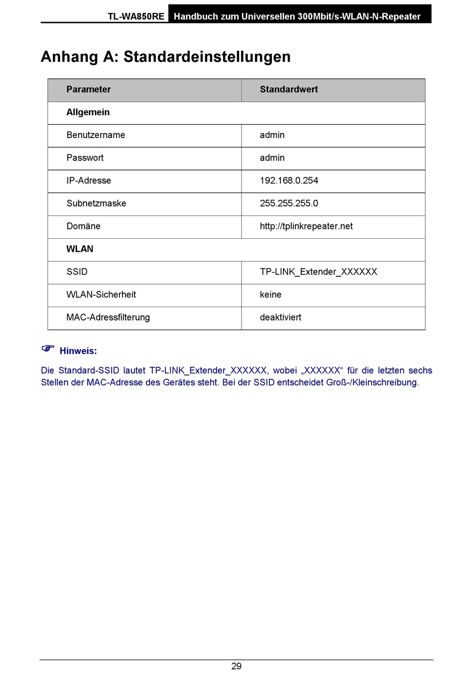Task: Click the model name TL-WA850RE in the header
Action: coord(136,16)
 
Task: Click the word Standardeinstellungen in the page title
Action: coord(207,57)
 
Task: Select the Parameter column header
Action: coord(89,90)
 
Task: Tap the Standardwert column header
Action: coord(289,90)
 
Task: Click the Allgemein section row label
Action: coord(88,113)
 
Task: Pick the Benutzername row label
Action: coord(96,135)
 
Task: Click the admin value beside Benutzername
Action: coord(272,135)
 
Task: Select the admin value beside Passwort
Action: coord(272,158)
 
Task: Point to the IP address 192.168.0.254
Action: coord(289,180)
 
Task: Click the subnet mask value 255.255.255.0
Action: coord(289,203)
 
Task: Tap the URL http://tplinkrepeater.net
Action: coord(306,226)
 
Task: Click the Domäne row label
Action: coord(84,226)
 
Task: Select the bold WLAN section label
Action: coord(80,249)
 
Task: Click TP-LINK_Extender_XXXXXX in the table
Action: coord(319,272)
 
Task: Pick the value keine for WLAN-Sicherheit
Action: coord(271,295)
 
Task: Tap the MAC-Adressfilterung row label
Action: coord(108,318)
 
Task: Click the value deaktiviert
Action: coord(280,318)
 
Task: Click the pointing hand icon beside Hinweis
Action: coord(48,348)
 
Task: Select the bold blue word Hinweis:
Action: coord(78,351)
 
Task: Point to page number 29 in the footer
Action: coord(236,667)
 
